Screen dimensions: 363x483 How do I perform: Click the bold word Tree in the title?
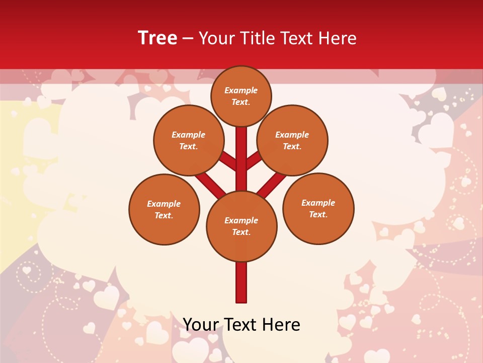click(157, 38)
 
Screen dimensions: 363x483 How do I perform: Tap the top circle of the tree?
click(241, 96)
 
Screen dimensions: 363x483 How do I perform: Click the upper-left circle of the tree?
click(188, 140)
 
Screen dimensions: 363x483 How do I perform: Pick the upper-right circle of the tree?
click(292, 140)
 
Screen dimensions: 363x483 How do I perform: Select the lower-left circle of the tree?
click(164, 209)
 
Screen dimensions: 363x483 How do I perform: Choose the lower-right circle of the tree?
click(318, 208)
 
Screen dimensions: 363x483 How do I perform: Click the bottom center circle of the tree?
click(242, 226)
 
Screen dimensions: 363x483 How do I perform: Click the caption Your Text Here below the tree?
click(242, 325)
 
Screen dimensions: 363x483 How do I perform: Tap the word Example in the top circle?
click(241, 91)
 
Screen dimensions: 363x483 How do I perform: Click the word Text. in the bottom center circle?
click(241, 232)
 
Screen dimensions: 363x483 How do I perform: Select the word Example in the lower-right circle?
click(318, 203)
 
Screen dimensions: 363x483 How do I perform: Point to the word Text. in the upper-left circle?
click(188, 147)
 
